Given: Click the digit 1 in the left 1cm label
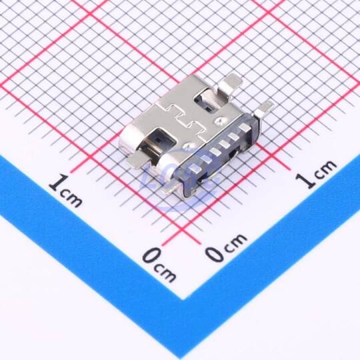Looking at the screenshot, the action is [x=57, y=182].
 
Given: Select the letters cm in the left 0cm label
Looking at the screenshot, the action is [x=165, y=273].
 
